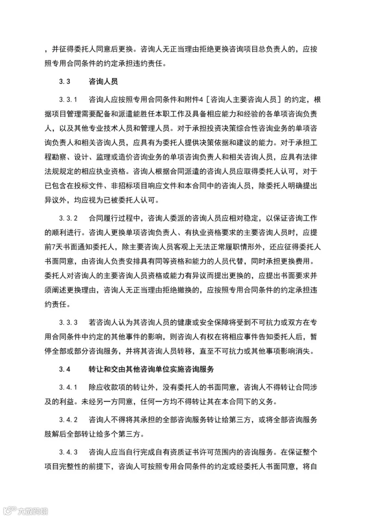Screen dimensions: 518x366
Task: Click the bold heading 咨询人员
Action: click(x=103, y=81)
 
